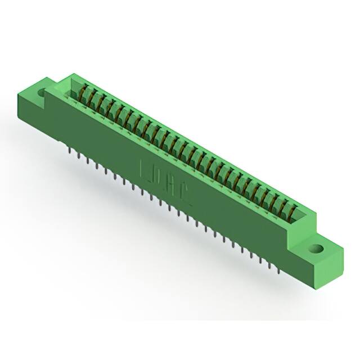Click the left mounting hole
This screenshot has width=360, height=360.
(x=41, y=90)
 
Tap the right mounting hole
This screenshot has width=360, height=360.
(x=317, y=247)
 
